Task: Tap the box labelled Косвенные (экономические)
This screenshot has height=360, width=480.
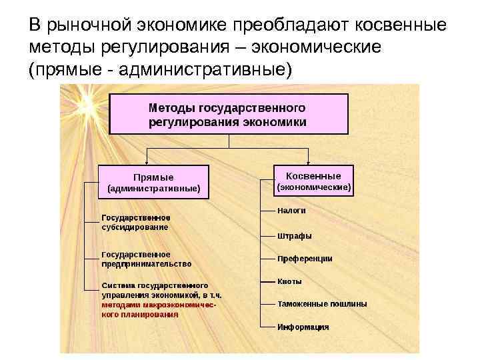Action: pos(314,181)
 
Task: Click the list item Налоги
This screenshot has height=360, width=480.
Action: pos(292,210)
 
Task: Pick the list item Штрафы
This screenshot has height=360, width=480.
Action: pos(295,235)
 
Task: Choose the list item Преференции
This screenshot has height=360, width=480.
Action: pos(305,259)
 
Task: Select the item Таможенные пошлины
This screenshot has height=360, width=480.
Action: pos(322,304)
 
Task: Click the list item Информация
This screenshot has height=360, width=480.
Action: pos(303,327)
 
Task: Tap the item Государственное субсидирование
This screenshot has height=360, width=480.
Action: pos(135,222)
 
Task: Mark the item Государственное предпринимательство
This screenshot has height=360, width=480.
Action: pos(146,259)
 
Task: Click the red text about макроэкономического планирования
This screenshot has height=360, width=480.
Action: pos(160,309)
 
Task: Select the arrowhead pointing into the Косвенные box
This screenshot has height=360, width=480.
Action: pos(308,161)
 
